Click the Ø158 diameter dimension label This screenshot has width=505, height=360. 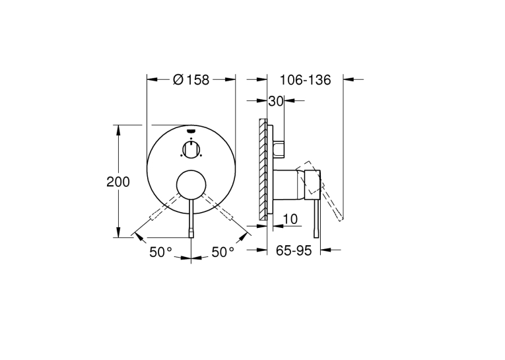(191, 80)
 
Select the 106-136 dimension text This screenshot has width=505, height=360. (305, 80)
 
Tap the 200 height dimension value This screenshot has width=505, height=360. (118, 182)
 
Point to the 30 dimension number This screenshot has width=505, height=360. (276, 101)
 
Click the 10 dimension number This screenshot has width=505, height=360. (290, 219)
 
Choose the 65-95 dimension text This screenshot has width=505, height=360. (294, 250)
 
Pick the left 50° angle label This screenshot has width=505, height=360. (160, 252)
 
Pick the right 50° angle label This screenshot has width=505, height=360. (222, 252)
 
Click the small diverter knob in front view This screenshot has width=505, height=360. (191, 149)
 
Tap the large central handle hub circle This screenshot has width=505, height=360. (191, 185)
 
